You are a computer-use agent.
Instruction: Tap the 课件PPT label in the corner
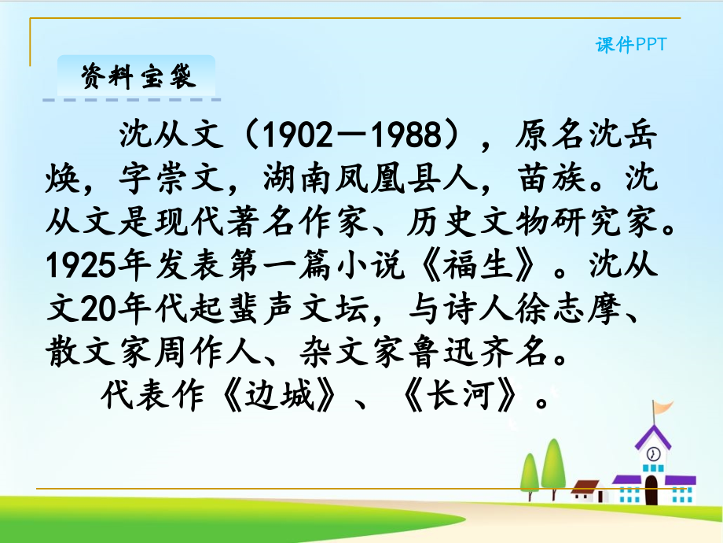tap(630, 45)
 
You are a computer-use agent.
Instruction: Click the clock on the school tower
tap(652, 454)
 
